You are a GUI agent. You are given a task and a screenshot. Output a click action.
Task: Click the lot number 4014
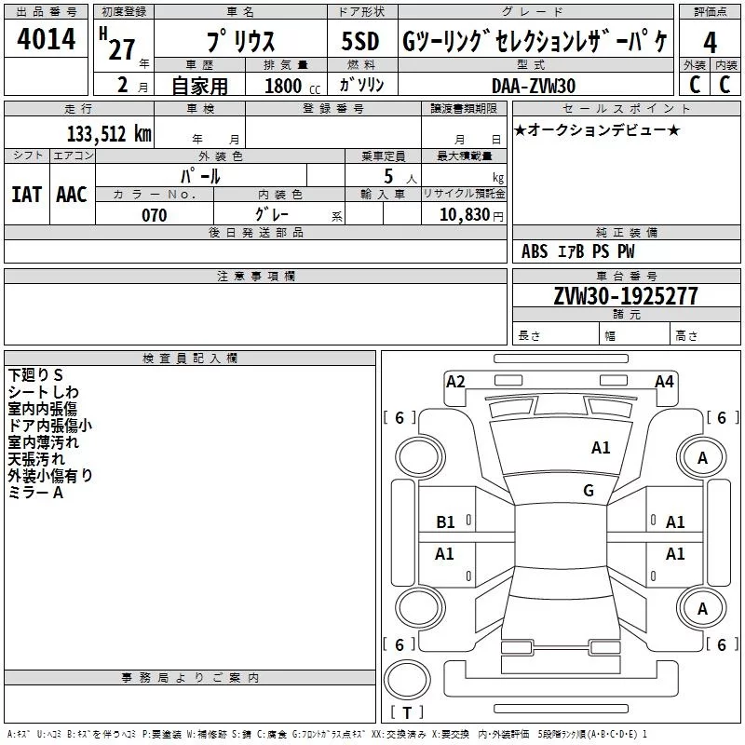pos(47,41)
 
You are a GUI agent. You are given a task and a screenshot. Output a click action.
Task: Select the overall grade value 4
pos(711,43)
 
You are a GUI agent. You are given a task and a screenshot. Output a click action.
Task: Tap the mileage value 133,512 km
pos(108,134)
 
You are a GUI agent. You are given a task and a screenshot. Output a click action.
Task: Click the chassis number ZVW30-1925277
pos(626,296)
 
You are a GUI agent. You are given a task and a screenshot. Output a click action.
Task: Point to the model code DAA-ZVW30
pos(534,85)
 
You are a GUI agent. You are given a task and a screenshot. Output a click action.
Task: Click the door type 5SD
pos(360,43)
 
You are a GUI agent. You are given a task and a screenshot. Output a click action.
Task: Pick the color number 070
pos(155,215)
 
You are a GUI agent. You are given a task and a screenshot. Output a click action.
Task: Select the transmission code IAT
pos(26,194)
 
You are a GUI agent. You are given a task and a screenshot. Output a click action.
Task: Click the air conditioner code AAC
pos(71,194)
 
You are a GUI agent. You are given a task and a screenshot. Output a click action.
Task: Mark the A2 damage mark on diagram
pos(455,381)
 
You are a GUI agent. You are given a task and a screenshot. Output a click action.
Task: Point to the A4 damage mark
pos(664,381)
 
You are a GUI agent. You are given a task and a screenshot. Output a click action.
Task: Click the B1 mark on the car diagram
pos(446,522)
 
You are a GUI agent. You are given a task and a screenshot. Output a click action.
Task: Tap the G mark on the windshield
pos(589,491)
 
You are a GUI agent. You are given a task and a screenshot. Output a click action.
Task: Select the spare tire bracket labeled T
pos(407,713)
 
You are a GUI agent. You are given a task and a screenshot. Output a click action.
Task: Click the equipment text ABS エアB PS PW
pos(577,251)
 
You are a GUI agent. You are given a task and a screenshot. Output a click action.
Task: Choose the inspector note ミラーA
pos(35,493)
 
